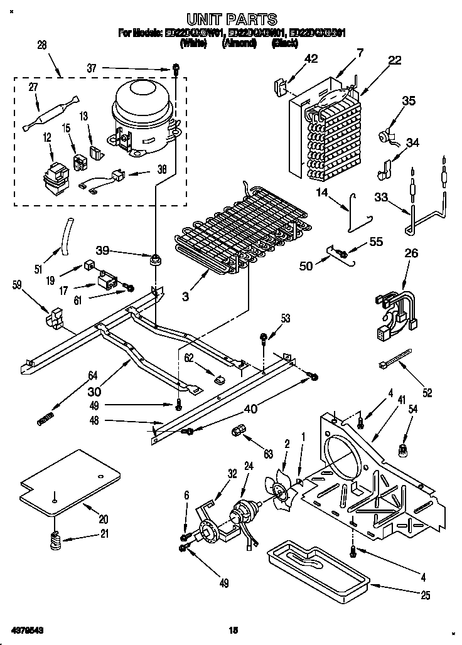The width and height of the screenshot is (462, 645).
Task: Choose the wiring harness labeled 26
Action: click(395, 307)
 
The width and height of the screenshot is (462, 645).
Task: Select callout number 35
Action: click(409, 101)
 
